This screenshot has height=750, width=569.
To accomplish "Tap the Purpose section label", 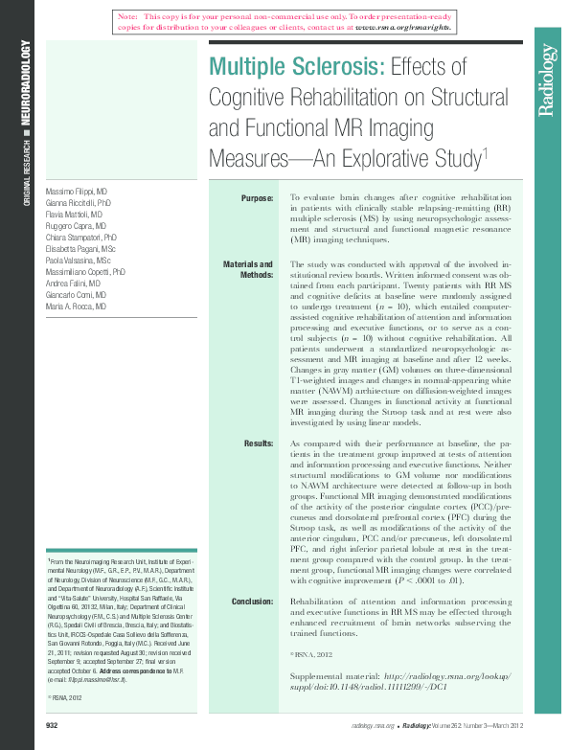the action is (x=256, y=198).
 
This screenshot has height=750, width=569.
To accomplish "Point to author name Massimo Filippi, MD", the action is (x=77, y=192).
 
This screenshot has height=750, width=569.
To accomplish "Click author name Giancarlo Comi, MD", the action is (x=77, y=295).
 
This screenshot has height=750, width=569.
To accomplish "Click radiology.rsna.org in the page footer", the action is (x=374, y=727).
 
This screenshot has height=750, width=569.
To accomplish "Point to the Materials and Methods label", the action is (x=248, y=270).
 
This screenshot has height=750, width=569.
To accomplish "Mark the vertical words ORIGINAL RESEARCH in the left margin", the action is (x=28, y=169).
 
